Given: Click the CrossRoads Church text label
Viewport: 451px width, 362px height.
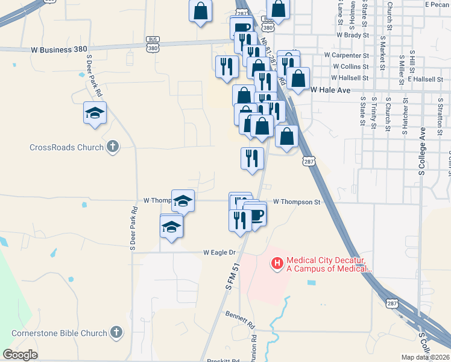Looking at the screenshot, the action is pos(66,147).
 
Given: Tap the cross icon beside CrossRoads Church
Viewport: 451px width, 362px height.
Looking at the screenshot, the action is pos(113,147).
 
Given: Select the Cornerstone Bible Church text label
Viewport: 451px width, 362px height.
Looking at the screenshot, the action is pos(59,332).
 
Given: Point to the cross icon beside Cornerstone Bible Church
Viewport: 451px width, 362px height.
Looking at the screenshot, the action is pos(116,332).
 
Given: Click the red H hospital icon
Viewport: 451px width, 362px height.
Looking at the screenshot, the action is pos(277,262).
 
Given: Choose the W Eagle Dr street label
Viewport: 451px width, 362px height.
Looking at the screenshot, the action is pos(222,252).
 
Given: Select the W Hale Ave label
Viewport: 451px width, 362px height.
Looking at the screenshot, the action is pos(330,90).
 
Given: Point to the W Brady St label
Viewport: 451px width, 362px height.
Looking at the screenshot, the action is pos(352,35).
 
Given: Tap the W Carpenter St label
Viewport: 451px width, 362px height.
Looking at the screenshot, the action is pos(346,54).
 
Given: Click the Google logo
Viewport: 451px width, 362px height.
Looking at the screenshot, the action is pos(20,355).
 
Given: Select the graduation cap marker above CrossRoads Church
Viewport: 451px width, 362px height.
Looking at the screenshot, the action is pos(95,113).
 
